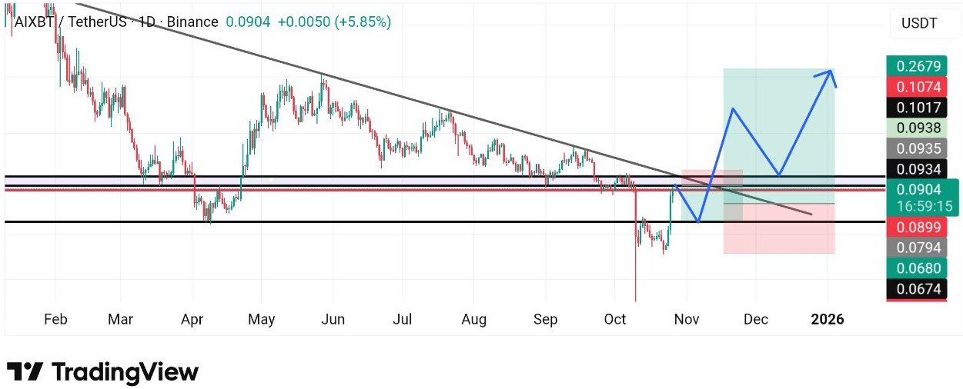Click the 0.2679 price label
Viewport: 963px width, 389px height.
[916, 65]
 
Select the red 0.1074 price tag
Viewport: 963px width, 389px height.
[916, 87]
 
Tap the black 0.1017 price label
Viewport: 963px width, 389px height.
[916, 108]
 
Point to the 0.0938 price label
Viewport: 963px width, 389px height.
[916, 128]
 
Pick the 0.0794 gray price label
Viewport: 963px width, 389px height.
[916, 248]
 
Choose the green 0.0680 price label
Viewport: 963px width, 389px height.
[916, 268]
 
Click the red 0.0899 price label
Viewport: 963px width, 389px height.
[916, 227]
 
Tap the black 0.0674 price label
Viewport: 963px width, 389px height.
[916, 289]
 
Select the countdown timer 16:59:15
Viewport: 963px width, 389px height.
[924, 206]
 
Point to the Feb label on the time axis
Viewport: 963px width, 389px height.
[55, 319]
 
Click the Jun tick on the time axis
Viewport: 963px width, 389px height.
[332, 319]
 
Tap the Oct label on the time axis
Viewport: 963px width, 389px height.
[614, 319]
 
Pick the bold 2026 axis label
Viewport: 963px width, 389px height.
[828, 319]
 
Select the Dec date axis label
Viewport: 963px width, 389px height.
[756, 319]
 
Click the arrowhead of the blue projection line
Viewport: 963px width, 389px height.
[831, 72]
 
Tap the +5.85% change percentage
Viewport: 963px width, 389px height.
[363, 22]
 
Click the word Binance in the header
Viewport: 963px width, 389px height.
[192, 22]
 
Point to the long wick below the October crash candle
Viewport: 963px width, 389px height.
[636, 269]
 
